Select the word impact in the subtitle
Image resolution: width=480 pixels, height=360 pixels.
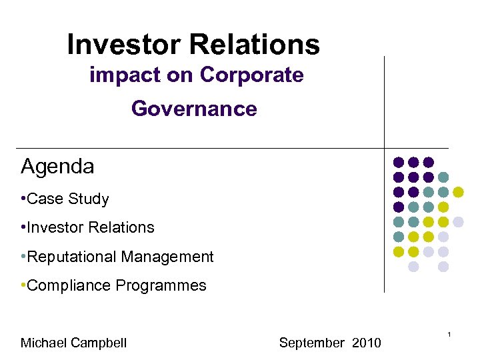tap(125, 75)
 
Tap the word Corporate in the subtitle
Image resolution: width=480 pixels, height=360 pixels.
tap(251, 75)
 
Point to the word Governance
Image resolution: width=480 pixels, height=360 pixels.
tap(194, 108)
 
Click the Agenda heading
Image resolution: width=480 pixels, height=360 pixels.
tap(57, 167)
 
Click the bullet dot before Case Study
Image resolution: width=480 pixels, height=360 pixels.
tap(23, 199)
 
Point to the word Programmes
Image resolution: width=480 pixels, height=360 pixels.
tap(161, 286)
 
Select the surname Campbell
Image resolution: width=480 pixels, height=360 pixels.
tap(100, 343)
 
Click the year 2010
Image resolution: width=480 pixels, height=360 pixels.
tap(366, 343)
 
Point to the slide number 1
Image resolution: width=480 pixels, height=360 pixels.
tap(451, 333)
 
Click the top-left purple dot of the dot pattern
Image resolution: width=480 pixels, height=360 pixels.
tap(399, 162)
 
